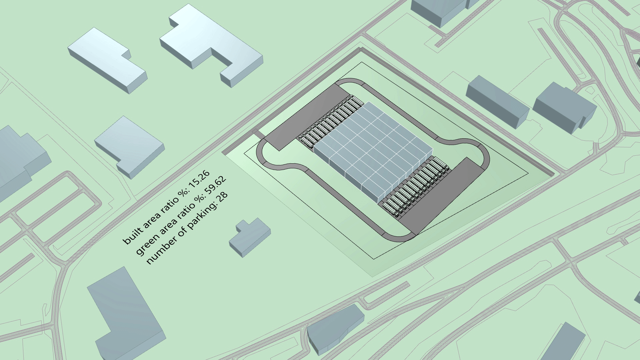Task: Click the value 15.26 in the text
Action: (x=200, y=180)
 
